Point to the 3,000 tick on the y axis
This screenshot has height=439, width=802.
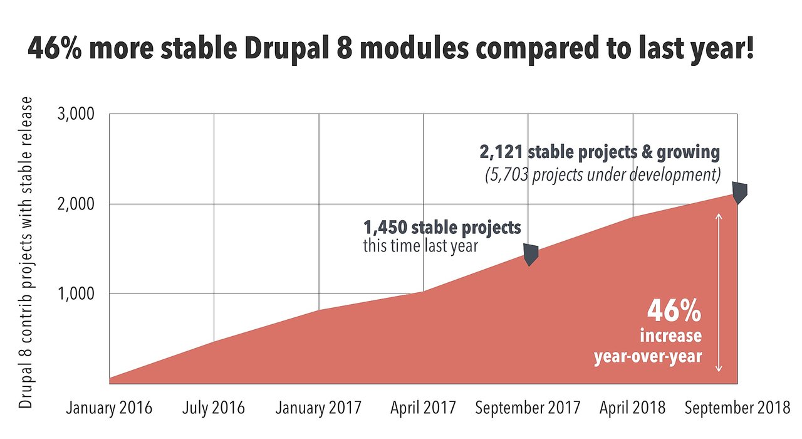[76, 115]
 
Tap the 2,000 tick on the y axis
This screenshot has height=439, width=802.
[76, 204]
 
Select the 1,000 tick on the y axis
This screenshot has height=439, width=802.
[76, 294]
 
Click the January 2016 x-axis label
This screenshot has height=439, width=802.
[109, 408]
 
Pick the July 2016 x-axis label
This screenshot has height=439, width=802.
[214, 408]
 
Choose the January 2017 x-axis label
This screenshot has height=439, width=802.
[319, 408]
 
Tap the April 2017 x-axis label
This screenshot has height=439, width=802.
[423, 408]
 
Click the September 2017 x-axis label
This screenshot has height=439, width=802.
[528, 408]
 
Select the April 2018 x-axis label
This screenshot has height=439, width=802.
[632, 408]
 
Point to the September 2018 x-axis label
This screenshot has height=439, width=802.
[737, 408]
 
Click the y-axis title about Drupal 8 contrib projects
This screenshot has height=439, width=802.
[26, 252]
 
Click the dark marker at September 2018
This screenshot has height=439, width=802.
[740, 193]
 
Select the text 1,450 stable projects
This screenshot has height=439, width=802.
[442, 227]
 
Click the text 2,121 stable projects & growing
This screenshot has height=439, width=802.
[600, 152]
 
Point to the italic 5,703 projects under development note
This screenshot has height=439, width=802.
[602, 174]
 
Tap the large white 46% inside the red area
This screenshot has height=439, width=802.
[674, 310]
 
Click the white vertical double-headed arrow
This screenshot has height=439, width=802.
[719, 292]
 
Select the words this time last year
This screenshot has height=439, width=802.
[420, 246]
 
